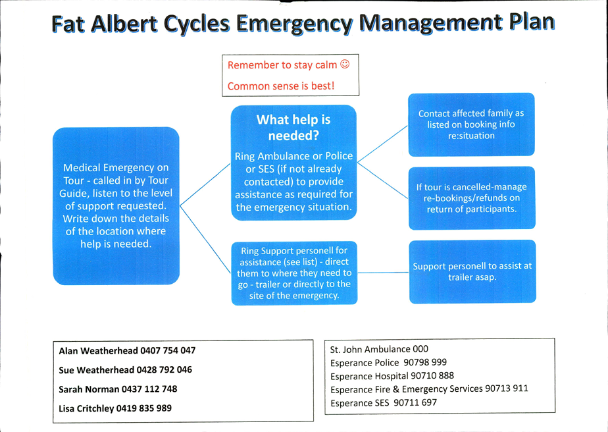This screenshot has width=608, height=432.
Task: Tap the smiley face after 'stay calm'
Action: [345, 64]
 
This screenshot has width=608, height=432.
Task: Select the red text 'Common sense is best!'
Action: [281, 86]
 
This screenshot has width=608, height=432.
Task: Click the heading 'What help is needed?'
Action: [293, 127]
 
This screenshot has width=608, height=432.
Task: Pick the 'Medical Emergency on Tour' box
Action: [116, 205]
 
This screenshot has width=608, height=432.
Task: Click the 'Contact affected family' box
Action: [471, 124]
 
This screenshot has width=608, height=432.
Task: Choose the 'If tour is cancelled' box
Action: [472, 198]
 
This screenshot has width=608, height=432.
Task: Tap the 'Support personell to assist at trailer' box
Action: [472, 271]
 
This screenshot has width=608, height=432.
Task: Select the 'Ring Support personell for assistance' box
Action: [294, 273]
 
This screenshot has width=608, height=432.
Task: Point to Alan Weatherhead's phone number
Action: [168, 350]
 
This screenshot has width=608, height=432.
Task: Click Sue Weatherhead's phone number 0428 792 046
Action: [164, 369]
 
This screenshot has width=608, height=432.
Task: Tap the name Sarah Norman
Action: [89, 389]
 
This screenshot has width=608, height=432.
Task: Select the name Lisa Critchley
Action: [86, 408]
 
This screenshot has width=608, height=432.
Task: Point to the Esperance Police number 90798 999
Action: [425, 362]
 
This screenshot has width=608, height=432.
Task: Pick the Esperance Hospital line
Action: [392, 376]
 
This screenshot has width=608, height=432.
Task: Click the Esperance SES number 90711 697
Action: [415, 402]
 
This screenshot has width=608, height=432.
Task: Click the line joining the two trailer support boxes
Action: [383, 273]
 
